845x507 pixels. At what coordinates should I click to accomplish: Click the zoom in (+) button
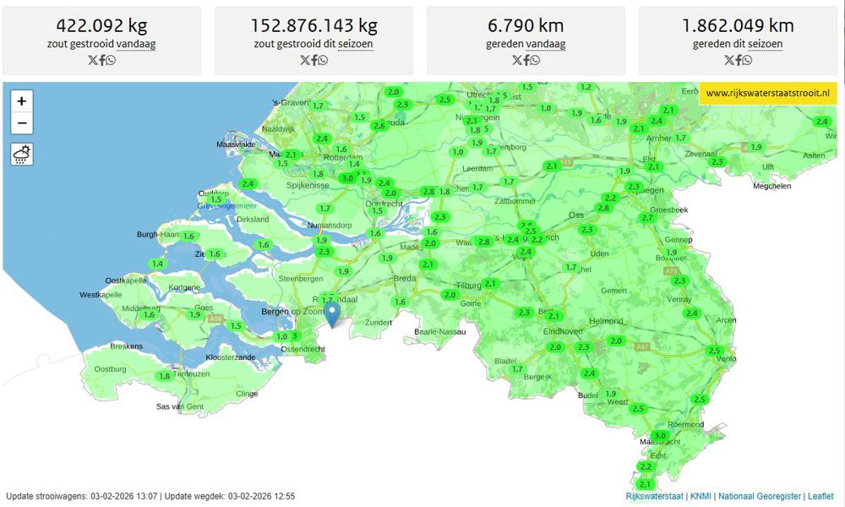(21, 101)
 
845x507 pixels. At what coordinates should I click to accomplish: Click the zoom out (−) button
(21, 123)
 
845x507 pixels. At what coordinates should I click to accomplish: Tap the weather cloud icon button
(21, 154)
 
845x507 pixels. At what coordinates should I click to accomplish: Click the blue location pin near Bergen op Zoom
(333, 313)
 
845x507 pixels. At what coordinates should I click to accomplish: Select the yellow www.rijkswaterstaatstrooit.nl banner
(768, 93)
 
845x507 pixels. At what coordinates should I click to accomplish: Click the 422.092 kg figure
(101, 25)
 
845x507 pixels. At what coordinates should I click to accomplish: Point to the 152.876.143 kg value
(313, 25)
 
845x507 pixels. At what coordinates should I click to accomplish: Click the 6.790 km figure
(526, 25)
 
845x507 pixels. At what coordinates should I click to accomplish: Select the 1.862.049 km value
(738, 25)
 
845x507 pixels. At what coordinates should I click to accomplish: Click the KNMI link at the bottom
(701, 496)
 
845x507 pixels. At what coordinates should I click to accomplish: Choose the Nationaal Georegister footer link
(760, 496)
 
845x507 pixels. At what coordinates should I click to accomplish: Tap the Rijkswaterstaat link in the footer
(655, 496)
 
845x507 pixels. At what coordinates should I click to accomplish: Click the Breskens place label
(128, 346)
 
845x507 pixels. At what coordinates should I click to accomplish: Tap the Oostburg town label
(110, 369)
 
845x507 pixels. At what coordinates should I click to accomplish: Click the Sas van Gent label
(180, 406)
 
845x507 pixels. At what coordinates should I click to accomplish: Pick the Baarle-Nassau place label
(440, 332)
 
